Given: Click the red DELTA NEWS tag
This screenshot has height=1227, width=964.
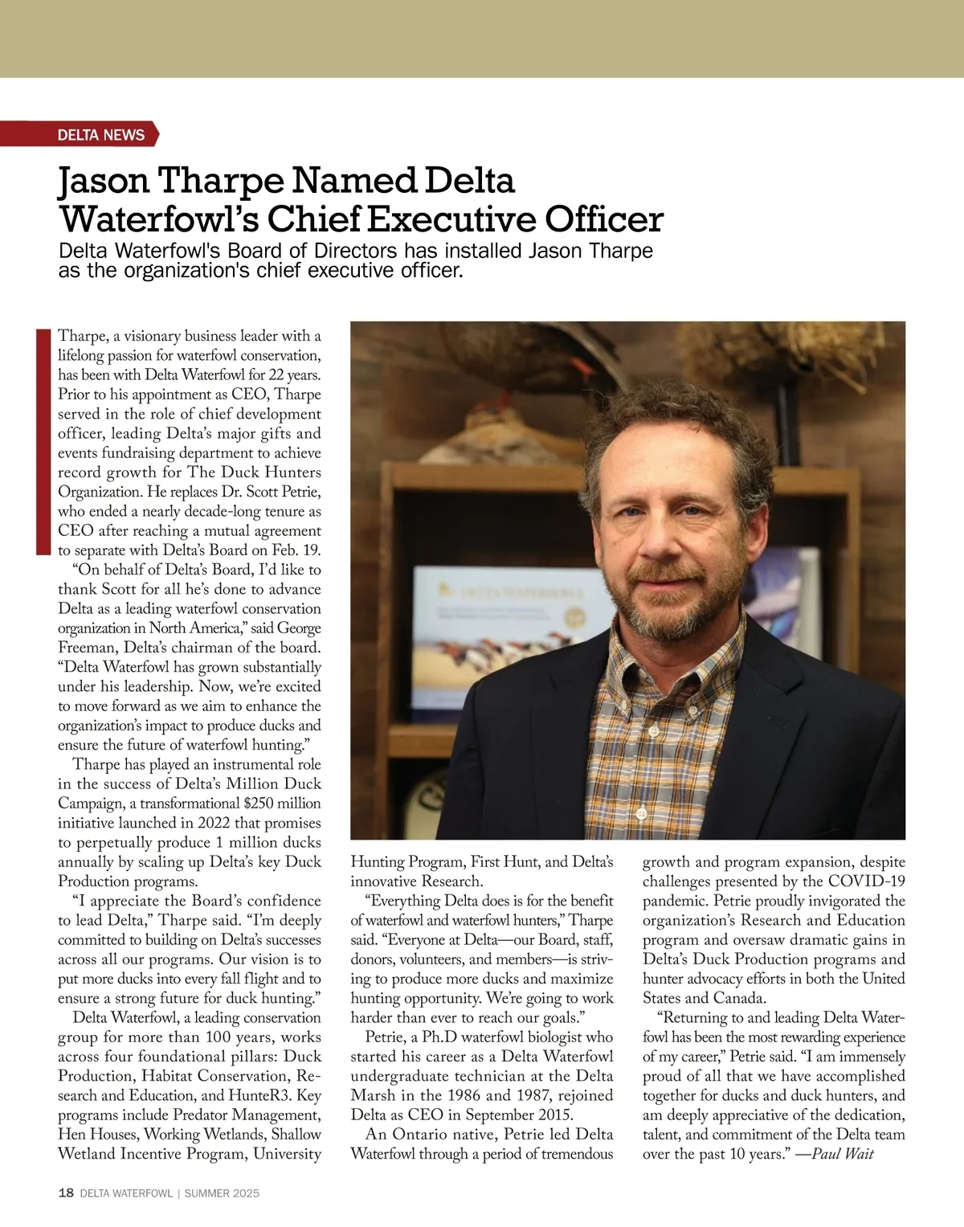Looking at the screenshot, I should [x=100, y=135].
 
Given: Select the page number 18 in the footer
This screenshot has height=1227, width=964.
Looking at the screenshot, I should [x=66, y=1193].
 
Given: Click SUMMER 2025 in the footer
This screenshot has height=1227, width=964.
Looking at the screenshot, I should [x=222, y=1193].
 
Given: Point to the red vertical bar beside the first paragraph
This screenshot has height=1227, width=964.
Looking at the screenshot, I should [x=43, y=441].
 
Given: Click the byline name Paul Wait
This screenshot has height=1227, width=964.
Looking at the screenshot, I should [x=843, y=1154].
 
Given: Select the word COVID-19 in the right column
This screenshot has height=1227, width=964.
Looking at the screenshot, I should [x=867, y=881].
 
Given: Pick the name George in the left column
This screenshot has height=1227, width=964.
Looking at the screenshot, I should [x=298, y=628].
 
